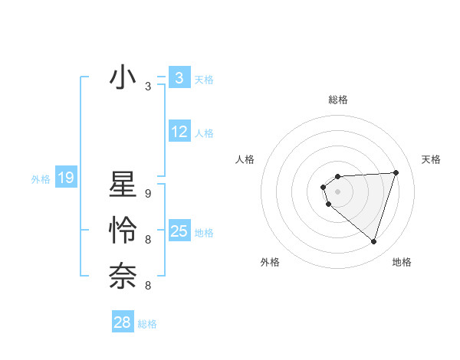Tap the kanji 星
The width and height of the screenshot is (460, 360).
pos(123,187)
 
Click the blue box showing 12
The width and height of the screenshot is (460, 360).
pos(179,132)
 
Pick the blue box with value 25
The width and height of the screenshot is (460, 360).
pos(179,231)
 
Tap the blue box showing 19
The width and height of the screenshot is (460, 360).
pos(65,178)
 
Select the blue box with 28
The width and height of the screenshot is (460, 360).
pos(123,322)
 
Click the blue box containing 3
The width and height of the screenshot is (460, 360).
pos(179,77)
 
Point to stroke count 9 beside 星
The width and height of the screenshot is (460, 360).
pos(148,195)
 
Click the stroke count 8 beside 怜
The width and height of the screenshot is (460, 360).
pos(148,240)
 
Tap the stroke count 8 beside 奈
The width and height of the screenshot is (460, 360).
pos(148,286)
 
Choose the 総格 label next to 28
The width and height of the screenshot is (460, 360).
pos(147,324)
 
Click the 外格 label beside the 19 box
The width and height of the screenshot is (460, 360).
pos(41,180)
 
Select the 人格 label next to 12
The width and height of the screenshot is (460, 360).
pos(204,133)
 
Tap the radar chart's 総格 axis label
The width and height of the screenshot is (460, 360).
pos(338,100)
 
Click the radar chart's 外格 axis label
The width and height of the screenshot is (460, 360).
pos(270,262)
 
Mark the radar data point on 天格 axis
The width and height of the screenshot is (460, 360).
pos(396,172)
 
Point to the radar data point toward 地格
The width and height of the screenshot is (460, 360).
pos(373,241)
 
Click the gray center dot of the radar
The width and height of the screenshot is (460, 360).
pos(337,190)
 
